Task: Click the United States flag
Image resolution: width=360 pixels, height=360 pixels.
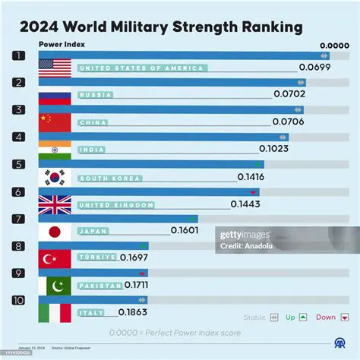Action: click(55, 68)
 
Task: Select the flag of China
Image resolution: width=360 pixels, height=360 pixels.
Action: click(55, 122)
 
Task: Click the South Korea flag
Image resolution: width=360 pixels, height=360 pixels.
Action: click(55, 178)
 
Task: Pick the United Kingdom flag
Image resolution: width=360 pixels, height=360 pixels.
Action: click(55, 204)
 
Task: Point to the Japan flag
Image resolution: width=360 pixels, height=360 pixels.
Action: click(55, 231)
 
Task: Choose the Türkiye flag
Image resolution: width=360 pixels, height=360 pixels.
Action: click(55, 257)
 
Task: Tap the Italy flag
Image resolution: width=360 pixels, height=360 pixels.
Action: click(55, 312)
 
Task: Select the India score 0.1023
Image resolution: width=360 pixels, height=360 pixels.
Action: click(273, 149)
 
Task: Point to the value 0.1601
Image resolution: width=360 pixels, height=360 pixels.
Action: click(185, 230)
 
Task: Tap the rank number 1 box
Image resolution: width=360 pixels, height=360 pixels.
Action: click(19, 55)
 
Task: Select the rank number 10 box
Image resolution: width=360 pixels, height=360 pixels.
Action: click(19, 299)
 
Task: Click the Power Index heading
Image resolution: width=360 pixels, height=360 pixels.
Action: click(62, 44)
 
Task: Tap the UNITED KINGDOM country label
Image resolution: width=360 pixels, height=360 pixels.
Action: click(116, 205)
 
